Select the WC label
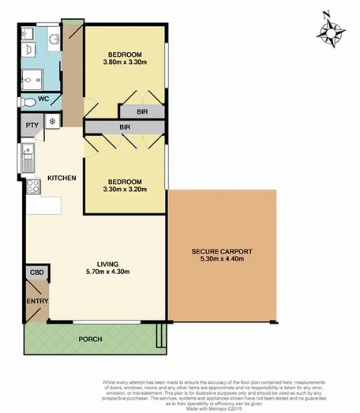pos(43,99)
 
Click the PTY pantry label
pos(32,125)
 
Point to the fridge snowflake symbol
pos(53,122)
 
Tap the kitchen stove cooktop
pos(32,186)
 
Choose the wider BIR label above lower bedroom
pos(125,126)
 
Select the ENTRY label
pos(36,301)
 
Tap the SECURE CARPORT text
pos(222,252)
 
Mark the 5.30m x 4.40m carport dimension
pos(222,260)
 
